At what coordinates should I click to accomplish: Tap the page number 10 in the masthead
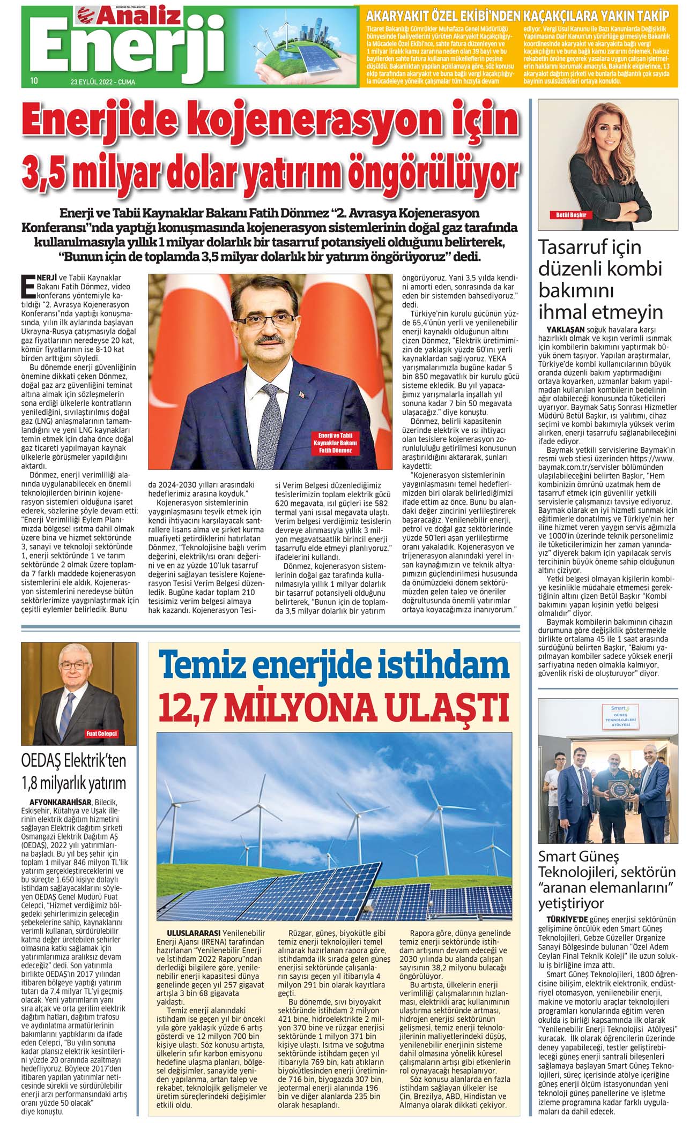[34, 81]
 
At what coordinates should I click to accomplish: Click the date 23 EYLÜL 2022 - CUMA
[102, 82]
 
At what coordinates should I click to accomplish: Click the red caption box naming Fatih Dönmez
[335, 443]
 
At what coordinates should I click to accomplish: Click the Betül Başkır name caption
[571, 215]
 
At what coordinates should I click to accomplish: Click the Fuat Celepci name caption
[101, 733]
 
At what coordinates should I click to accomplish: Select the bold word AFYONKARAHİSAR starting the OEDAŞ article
[61, 802]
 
